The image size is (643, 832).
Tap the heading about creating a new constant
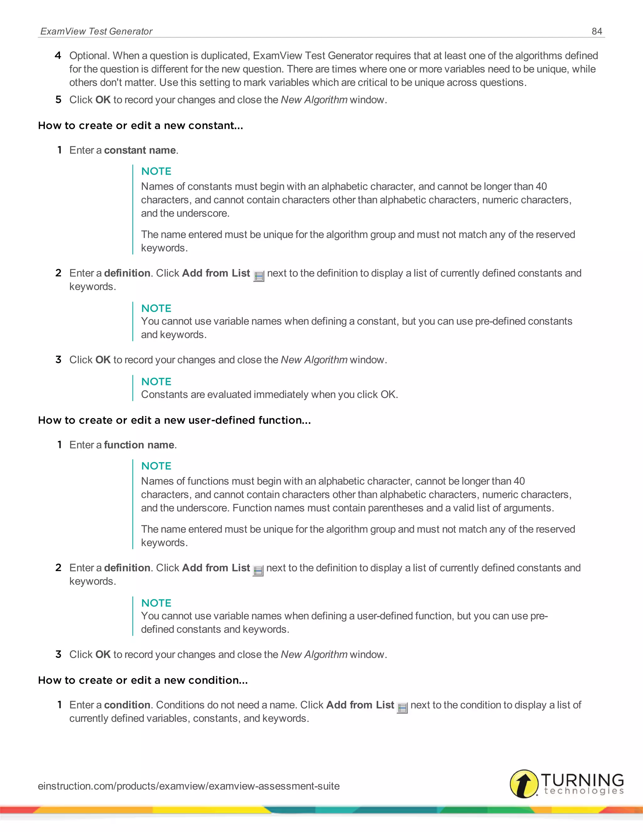coord(140,125)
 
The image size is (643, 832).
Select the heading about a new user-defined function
coord(174,420)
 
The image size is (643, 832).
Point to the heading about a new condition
coord(143,680)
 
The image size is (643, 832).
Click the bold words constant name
coord(140,150)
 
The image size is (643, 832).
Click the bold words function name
coord(139,445)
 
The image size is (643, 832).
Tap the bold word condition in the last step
coord(127,705)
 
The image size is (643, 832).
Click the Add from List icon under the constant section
coord(259,276)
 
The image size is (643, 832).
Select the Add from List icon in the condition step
coord(402,708)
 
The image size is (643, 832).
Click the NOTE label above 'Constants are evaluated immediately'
coord(156,381)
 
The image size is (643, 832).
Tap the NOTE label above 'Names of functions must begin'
coord(156,466)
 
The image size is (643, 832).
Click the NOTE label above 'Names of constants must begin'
coord(156,171)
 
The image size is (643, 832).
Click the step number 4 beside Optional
coord(58,56)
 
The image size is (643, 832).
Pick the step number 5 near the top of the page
coord(58,100)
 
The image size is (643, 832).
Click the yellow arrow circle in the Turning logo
coord(524,783)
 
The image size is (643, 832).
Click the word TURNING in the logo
coord(582,780)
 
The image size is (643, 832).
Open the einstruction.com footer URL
coord(189,786)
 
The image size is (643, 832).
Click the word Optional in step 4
coord(89,56)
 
